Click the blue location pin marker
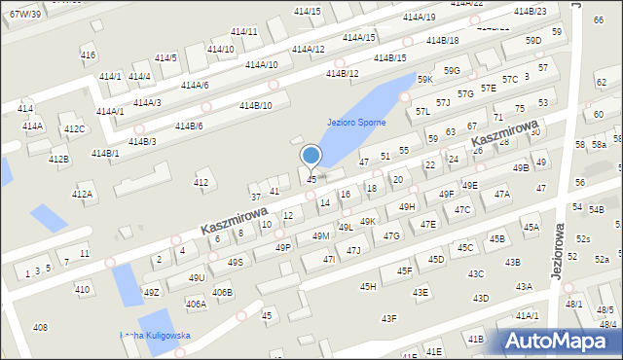tap(311, 156)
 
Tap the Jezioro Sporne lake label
tap(356, 123)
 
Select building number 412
tap(201, 182)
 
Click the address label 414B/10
tap(255, 105)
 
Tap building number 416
tap(88, 55)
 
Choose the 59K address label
tap(425, 80)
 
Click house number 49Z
tap(151, 292)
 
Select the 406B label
tap(222, 293)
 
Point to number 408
tap(40, 327)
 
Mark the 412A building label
tap(82, 195)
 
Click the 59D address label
tap(532, 41)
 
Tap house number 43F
tap(388, 318)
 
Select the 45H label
tap(368, 286)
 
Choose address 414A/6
tap(194, 86)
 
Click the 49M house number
tap(320, 236)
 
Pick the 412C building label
tap(74, 128)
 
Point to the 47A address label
tap(501, 194)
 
